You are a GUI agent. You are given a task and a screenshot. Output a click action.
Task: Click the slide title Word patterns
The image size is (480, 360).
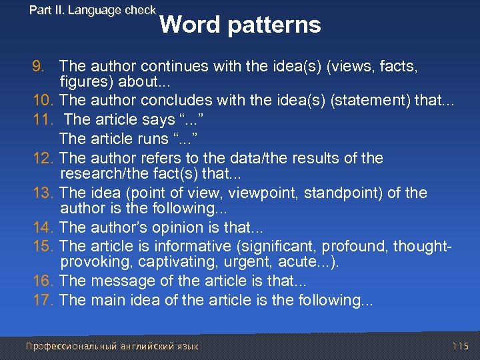tap(240, 25)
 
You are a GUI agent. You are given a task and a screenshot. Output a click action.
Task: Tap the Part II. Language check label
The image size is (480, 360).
tap(93, 10)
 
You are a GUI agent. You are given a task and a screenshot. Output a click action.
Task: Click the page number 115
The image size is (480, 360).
tap(460, 346)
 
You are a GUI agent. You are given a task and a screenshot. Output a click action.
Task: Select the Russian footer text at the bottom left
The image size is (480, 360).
tap(111, 347)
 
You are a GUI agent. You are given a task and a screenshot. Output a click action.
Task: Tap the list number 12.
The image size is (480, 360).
tap(43, 159)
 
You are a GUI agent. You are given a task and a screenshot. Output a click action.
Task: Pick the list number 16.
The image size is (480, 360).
tap(43, 281)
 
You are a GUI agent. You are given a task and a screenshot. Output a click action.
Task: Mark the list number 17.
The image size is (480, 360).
tap(43, 300)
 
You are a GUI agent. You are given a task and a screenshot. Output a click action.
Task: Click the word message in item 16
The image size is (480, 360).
tap(116, 281)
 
